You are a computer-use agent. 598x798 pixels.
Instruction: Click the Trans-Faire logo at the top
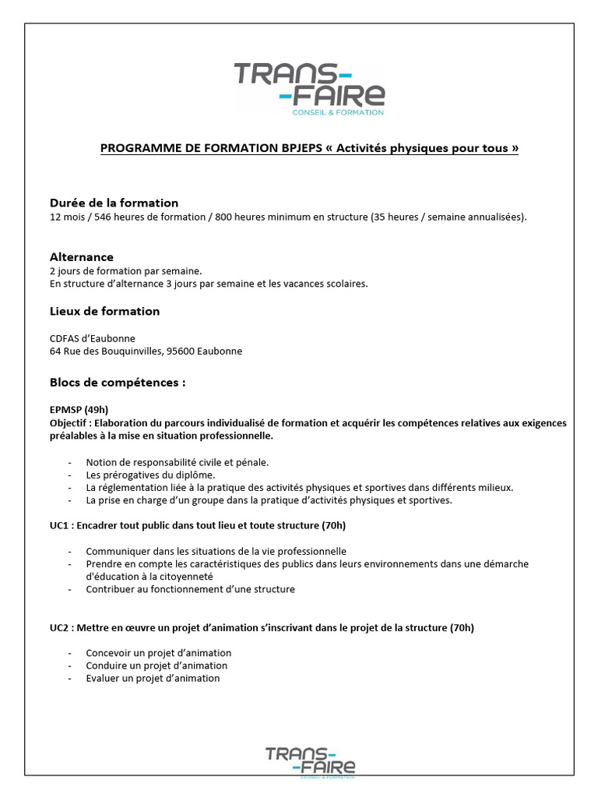click(x=309, y=87)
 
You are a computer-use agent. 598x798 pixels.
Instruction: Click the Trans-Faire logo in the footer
click(x=310, y=761)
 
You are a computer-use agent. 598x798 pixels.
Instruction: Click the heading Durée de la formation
click(x=114, y=203)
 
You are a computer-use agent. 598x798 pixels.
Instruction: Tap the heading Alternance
click(x=81, y=256)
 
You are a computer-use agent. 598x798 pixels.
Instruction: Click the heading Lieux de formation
click(x=104, y=311)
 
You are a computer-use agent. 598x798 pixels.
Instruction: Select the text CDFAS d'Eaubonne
click(x=92, y=338)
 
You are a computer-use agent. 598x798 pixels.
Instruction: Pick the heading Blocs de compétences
click(x=118, y=383)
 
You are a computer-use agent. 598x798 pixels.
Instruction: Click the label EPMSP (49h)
click(x=79, y=410)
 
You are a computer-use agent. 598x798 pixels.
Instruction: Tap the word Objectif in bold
click(x=69, y=423)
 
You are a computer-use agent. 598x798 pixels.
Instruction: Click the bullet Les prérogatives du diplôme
click(x=150, y=475)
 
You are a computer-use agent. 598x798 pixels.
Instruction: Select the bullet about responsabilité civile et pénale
click(x=177, y=462)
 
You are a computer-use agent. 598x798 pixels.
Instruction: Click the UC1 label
click(x=60, y=524)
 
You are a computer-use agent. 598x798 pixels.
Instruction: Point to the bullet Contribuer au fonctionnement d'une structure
click(x=190, y=589)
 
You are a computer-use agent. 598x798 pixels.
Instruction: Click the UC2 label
click(x=60, y=627)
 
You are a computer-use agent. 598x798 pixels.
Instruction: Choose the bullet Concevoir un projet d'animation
click(x=158, y=653)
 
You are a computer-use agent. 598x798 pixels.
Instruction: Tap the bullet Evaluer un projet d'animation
click(x=153, y=678)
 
